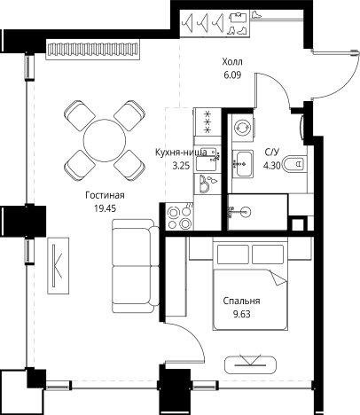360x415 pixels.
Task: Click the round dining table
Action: point(105,140)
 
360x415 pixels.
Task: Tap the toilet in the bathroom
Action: point(293,163)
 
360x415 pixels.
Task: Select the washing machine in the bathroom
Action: point(243,128)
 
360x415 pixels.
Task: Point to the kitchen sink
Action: point(207,162)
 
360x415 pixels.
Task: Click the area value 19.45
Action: point(105,208)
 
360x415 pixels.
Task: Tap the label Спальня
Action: point(241,301)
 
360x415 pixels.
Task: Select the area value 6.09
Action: point(232,75)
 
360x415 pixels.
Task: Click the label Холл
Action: point(232,62)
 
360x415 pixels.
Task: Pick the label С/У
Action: point(271,153)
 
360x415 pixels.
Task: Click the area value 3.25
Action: point(181,166)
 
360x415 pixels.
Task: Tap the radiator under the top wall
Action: point(93,49)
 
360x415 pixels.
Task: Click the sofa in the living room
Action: point(136,266)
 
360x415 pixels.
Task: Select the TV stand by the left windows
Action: point(59,265)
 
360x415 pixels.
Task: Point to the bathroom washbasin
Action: point(243,163)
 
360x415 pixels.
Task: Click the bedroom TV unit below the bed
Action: point(250,364)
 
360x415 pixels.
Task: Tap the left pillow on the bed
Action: point(233,254)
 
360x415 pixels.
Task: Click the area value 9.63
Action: point(242,314)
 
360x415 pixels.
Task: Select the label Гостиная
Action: point(105,195)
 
